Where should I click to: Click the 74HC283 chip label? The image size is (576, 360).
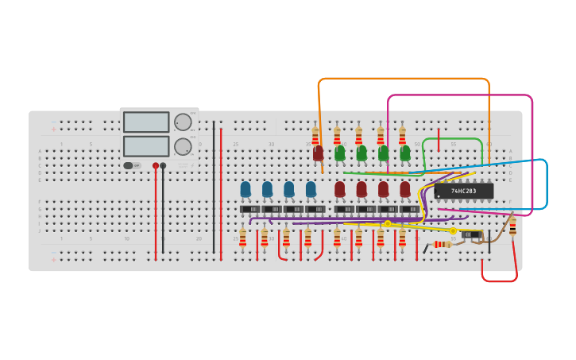tap(463, 191)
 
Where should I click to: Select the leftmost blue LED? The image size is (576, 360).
tap(245, 189)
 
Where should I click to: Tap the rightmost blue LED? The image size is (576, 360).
tap(311, 189)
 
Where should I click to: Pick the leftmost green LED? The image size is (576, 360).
tap(340, 153)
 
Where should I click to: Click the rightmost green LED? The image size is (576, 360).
tap(405, 153)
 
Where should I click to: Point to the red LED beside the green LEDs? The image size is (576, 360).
tap(319, 153)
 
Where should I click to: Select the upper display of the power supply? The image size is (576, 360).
tap(146, 122)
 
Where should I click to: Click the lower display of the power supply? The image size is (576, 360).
tap(146, 146)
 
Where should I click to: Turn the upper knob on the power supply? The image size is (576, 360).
tap(183, 122)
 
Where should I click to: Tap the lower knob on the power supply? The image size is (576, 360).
tap(183, 146)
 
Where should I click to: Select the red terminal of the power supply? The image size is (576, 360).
tap(156, 166)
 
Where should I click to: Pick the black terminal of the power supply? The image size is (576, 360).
tap(163, 166)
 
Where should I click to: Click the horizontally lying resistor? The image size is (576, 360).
tap(442, 244)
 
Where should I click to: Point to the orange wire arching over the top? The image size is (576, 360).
tap(404, 79)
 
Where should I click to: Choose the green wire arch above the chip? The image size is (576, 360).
tap(452, 139)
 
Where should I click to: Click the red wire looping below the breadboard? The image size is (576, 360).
tap(499, 281)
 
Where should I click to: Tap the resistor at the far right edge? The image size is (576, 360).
tap(512, 226)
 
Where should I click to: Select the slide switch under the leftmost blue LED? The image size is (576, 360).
tap(249, 209)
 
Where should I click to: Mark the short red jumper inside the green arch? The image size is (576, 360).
tap(439, 139)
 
